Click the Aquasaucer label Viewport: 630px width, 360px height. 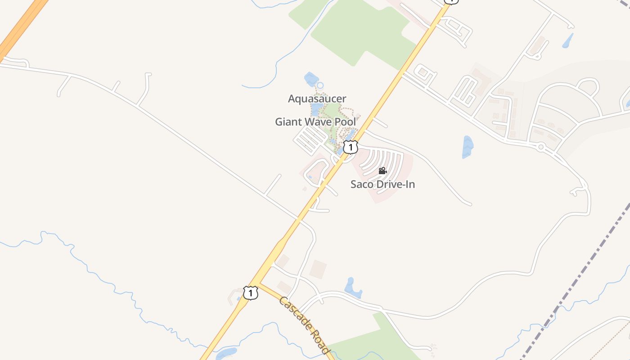[x=317, y=99]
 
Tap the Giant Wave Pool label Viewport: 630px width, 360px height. [x=315, y=122]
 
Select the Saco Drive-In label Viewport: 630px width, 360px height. [x=382, y=184]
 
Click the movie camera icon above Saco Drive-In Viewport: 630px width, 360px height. [x=382, y=171]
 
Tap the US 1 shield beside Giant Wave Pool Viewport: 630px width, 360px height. [x=351, y=147]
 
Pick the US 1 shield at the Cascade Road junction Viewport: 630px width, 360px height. [x=251, y=293]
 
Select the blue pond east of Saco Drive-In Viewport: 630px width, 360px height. [x=468, y=147]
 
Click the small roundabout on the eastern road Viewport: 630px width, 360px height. [x=540, y=147]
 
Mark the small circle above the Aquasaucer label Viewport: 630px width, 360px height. [x=320, y=85]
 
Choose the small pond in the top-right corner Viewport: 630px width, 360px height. [x=568, y=41]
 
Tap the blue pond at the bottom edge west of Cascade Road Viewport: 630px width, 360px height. [x=226, y=353]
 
